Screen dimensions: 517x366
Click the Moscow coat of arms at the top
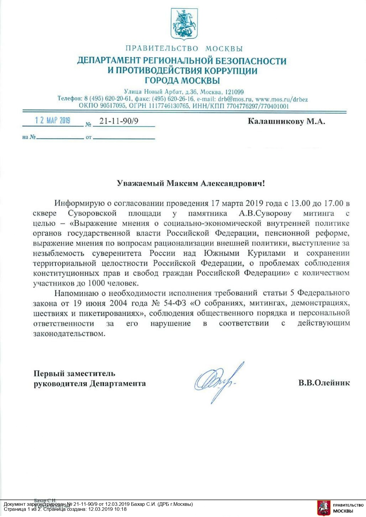pos(184,24)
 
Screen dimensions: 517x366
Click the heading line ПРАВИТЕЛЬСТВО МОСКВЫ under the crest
pos(184,49)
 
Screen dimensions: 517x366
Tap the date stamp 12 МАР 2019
pos(52,120)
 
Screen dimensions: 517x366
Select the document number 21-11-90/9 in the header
pos(119,121)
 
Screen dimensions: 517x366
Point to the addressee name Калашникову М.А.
pos(286,121)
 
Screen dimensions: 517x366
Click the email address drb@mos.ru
pos(235,99)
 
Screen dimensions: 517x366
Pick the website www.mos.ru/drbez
pos(282,99)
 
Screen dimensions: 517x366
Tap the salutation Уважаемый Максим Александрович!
pos(191,183)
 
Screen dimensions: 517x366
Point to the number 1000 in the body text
pos(96,283)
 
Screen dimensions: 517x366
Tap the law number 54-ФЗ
pos(175,303)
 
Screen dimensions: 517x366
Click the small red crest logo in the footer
pos(324,508)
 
